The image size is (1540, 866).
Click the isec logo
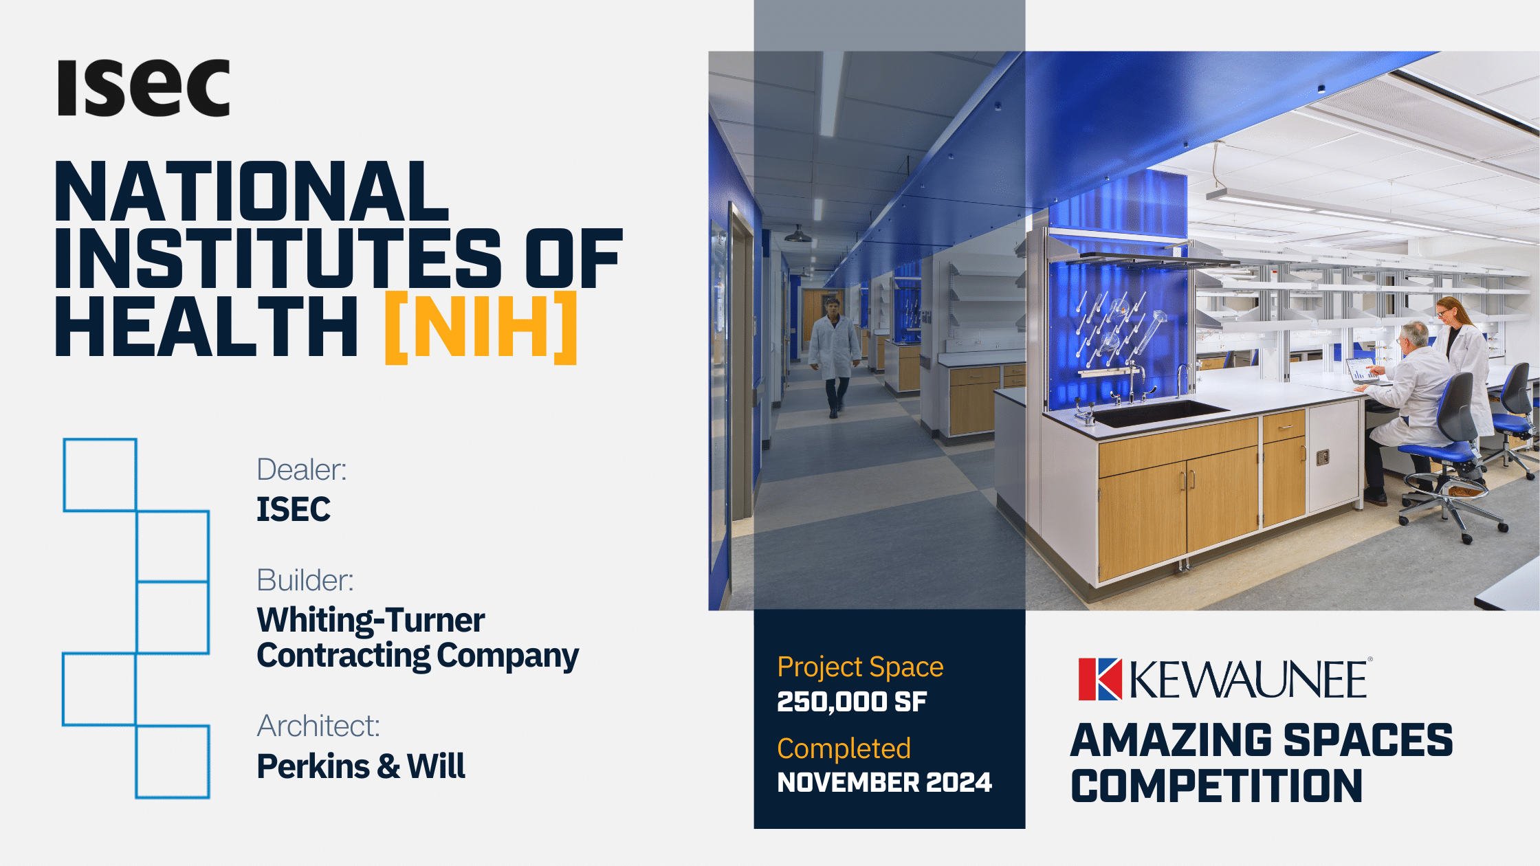pyautogui.click(x=144, y=88)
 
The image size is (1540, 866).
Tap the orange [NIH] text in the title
pyautogui.click(x=481, y=327)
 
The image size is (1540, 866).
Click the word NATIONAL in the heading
pyautogui.click(x=252, y=191)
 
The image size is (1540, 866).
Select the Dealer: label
pyautogui.click(x=301, y=469)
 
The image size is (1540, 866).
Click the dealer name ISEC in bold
pyautogui.click(x=294, y=509)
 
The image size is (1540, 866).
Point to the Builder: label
pyautogui.click(x=305, y=580)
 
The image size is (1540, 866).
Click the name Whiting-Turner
pyautogui.click(x=371, y=620)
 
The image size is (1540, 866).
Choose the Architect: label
pyautogui.click(x=318, y=726)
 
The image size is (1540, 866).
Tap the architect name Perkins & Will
pyautogui.click(x=361, y=766)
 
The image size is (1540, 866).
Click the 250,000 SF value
pyautogui.click(x=852, y=702)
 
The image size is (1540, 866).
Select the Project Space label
pyautogui.click(x=860, y=667)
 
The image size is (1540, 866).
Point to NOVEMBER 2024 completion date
pyautogui.click(x=884, y=782)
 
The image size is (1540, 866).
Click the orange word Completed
pyautogui.click(x=844, y=748)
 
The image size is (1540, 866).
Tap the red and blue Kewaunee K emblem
pyautogui.click(x=1100, y=679)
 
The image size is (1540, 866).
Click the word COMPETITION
pyautogui.click(x=1216, y=786)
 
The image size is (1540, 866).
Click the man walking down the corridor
pyautogui.click(x=835, y=357)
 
